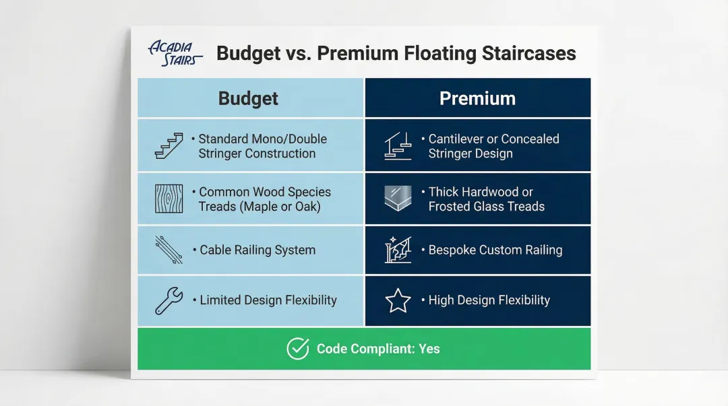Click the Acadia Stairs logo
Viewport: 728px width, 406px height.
pos(175,53)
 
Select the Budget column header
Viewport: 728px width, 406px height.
pos(248,98)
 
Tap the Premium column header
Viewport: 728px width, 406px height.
pos(477,98)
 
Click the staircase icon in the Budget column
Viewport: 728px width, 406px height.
pos(169,145)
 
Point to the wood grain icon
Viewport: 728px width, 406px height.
pos(169,199)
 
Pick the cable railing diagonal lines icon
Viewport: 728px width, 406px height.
pos(169,250)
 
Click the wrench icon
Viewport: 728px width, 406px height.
pos(169,301)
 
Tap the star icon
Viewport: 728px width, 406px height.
pos(398,300)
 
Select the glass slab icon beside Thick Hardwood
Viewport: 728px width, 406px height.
pos(398,198)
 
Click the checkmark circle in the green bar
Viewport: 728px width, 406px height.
pos(298,349)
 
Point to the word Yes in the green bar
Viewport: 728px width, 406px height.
pos(429,349)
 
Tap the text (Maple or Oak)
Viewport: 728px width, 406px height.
pos(280,207)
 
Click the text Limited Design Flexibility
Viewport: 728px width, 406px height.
pos(268,300)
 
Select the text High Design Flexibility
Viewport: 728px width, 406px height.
pos(489,300)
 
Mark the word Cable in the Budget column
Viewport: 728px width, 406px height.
pos(215,250)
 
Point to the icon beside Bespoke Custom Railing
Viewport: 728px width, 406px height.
pos(398,250)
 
